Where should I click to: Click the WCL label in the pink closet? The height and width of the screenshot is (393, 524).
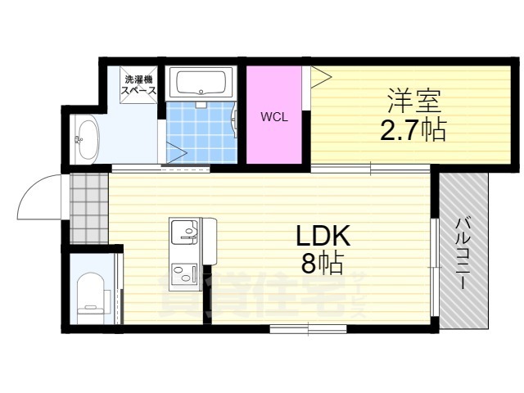point(274,117)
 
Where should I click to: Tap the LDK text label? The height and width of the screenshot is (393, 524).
point(323,236)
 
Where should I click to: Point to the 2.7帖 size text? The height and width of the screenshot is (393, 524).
point(413,129)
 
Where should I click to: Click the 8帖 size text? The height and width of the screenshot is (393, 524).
point(323,263)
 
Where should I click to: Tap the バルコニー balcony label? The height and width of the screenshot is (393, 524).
point(463,253)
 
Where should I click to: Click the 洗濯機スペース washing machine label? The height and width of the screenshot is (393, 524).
point(138,85)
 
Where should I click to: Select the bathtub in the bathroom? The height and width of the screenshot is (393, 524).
point(201,83)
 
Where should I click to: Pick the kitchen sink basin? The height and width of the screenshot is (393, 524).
point(184,232)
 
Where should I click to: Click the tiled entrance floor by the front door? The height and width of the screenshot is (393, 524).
point(89,208)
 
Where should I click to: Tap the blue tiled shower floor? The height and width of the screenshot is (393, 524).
point(201,133)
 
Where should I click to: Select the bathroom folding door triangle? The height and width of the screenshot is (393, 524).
point(176,153)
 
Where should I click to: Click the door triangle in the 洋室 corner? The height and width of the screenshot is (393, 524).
point(321,77)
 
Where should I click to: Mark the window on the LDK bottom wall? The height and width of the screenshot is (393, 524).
point(308,329)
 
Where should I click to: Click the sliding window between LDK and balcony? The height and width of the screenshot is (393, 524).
point(434,268)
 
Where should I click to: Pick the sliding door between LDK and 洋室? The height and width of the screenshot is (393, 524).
point(370,169)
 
